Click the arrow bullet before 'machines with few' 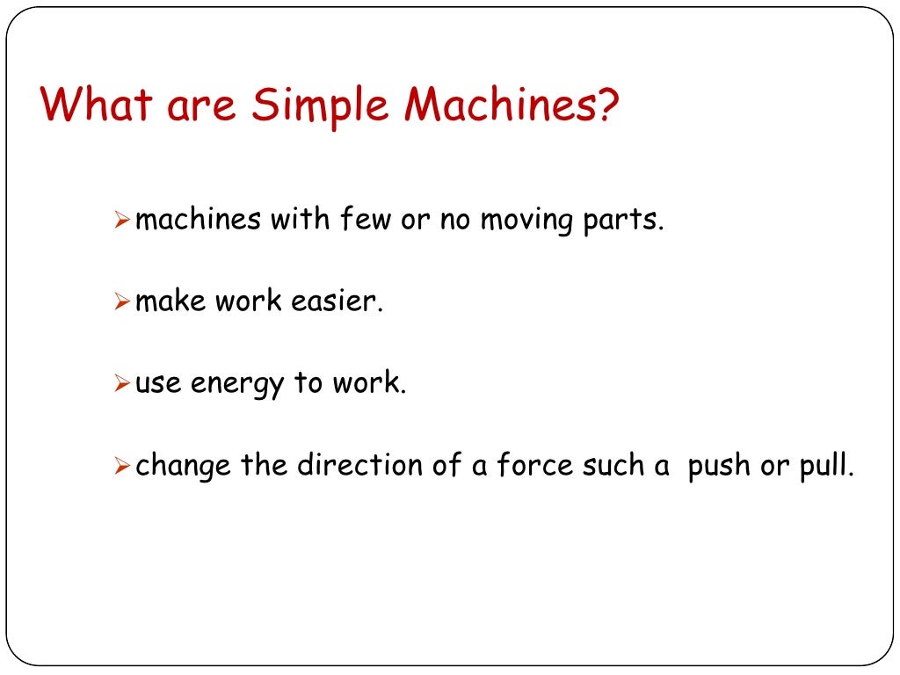(x=122, y=221)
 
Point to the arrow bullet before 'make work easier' (x=122, y=303)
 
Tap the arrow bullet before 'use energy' (x=122, y=385)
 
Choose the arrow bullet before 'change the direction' (x=122, y=467)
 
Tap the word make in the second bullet (x=171, y=302)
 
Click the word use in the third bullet (x=157, y=385)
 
